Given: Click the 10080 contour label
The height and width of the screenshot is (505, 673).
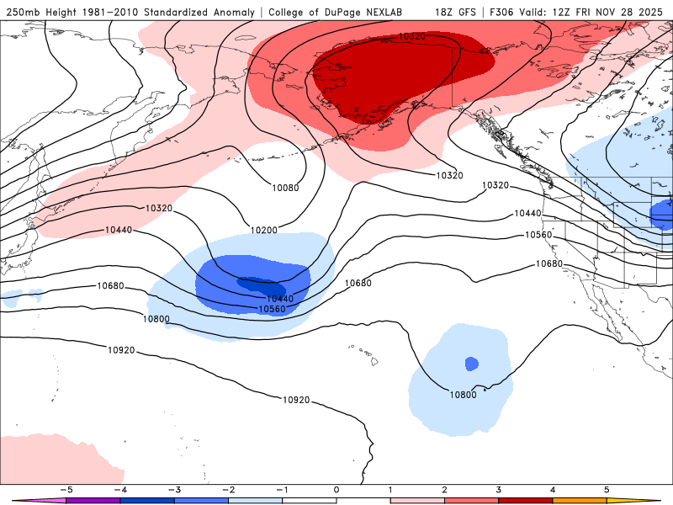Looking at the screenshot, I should pos(285,188).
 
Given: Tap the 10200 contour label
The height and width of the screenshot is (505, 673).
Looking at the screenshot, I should pos(264,229).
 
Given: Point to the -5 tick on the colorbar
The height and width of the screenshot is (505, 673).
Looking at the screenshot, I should pos(66,489).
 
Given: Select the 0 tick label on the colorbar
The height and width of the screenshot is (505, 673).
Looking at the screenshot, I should pos(336,489).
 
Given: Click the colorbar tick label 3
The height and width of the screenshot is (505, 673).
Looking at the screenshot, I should pos(498,489).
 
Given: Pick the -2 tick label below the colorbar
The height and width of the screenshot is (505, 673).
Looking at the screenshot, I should pos(228,489).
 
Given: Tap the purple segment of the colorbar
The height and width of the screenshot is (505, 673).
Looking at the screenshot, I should pos(93,500).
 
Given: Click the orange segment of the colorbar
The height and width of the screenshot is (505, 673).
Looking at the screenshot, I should pos(579,500).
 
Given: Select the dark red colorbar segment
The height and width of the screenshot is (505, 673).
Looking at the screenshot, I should pos(525,500).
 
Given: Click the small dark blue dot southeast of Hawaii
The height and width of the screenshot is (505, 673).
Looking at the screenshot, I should pos(471,364).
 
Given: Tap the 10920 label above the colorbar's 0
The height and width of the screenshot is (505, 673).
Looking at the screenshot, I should pos(296,400).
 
